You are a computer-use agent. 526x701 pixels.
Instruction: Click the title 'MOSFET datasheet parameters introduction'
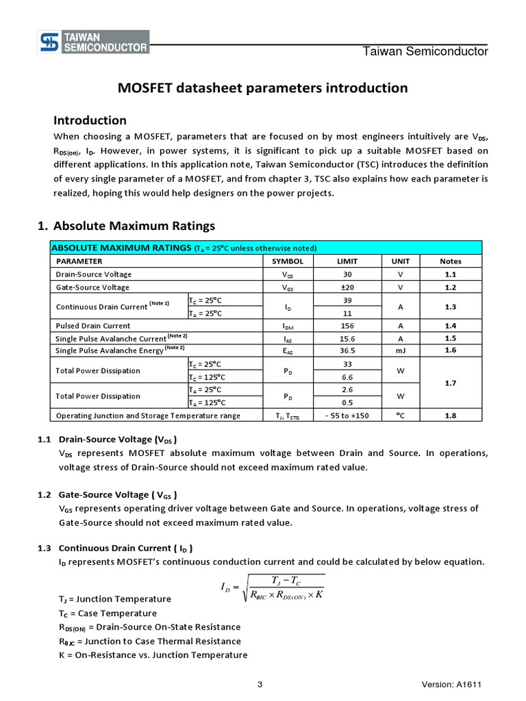[x=263, y=88]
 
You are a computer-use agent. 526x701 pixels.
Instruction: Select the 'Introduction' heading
[x=90, y=120]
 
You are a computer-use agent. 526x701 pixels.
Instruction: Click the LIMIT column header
[x=347, y=261]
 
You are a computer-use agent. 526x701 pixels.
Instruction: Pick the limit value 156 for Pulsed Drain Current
[x=347, y=326]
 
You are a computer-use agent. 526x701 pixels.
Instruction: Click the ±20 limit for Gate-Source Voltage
[x=347, y=288]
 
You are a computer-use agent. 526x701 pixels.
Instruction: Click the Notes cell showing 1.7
[x=450, y=383]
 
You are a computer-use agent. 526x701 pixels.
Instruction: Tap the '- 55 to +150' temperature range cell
[x=347, y=416]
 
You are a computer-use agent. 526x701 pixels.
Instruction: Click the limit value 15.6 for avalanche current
[x=347, y=339]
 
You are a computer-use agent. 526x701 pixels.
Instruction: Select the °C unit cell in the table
[x=400, y=416]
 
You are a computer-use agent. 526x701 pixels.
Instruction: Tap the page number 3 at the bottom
[x=260, y=685]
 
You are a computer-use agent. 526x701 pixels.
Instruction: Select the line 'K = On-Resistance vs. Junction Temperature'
[x=153, y=655]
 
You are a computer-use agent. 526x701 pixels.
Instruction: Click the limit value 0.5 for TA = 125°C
[x=347, y=403]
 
